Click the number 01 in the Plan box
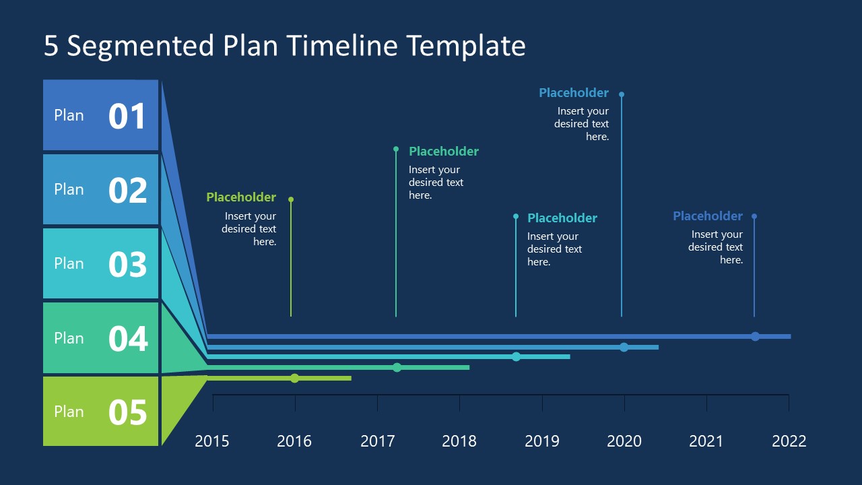(127, 116)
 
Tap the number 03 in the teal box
(127, 264)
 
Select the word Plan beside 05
(69, 412)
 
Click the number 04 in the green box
(127, 338)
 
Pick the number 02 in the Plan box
(127, 190)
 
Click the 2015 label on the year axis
(212, 441)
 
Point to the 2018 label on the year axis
(459, 441)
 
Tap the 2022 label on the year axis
(789, 441)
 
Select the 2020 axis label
(624, 441)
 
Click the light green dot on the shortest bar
(294, 378)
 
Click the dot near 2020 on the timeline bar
(624, 347)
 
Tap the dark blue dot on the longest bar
(755, 336)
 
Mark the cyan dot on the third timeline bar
(516, 356)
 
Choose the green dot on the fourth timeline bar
(397, 367)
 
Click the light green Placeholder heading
(241, 197)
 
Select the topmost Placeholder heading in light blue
(574, 93)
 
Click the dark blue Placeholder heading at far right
(708, 216)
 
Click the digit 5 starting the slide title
(51, 46)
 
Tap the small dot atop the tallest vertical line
(622, 94)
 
